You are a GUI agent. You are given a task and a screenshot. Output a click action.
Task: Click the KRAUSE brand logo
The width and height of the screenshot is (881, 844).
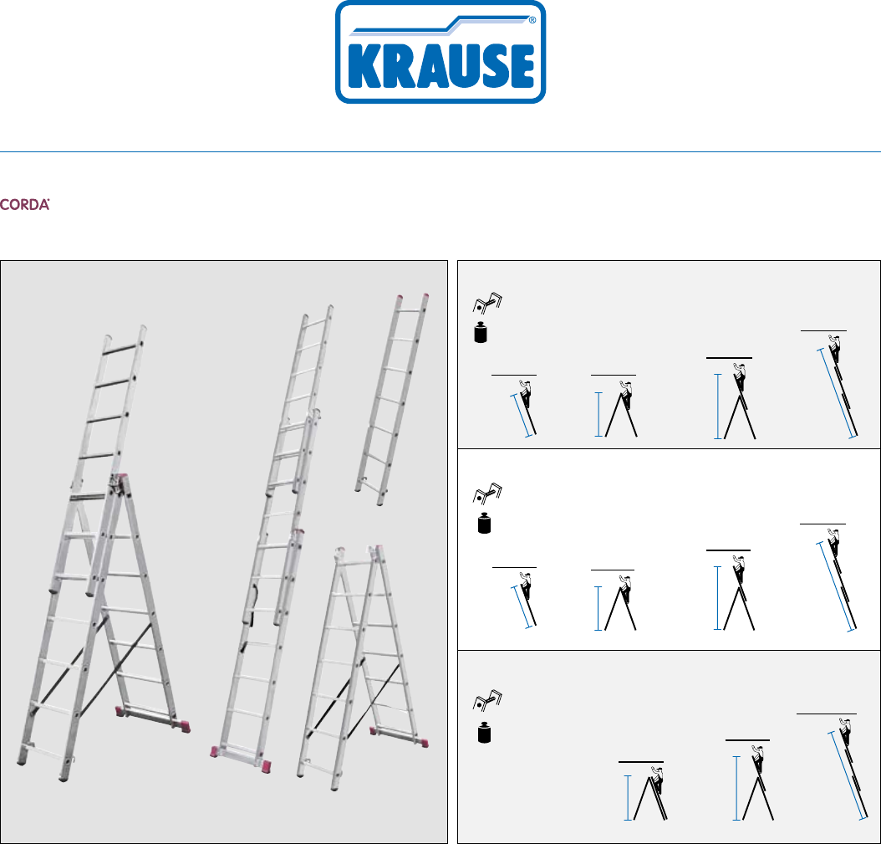[440, 52]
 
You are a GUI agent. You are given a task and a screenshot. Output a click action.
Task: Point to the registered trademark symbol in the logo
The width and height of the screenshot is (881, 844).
[532, 20]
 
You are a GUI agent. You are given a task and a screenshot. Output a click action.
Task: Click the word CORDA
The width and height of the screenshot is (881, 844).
[25, 205]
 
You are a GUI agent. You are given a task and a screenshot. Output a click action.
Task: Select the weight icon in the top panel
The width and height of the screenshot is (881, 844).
[481, 332]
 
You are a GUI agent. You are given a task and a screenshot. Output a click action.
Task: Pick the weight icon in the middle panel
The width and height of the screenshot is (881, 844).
[484, 523]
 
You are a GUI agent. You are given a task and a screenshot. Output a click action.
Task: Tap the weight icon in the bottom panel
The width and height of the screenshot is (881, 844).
[484, 733]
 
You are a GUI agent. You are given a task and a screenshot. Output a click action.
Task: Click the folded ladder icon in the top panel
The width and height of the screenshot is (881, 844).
[487, 303]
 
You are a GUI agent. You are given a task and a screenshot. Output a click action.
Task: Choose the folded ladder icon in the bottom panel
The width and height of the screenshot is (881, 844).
[487, 701]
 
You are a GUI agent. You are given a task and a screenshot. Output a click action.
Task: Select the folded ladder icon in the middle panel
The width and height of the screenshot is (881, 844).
[487, 494]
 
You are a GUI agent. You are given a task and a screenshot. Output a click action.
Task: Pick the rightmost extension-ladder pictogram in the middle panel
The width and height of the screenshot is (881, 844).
[836, 579]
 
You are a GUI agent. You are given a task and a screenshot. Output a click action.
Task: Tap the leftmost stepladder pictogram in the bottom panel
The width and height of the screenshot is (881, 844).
[646, 793]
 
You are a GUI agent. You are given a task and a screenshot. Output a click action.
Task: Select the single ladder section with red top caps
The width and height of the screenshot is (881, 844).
[392, 399]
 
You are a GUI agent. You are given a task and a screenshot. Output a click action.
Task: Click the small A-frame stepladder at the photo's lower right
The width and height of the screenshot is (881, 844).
[363, 667]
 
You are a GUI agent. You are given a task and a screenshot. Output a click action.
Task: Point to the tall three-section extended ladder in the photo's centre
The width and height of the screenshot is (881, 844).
[272, 537]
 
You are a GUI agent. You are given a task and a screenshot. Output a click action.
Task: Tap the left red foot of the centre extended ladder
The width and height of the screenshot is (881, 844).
[215, 751]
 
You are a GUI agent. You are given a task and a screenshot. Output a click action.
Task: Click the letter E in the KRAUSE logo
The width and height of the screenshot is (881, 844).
[522, 65]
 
